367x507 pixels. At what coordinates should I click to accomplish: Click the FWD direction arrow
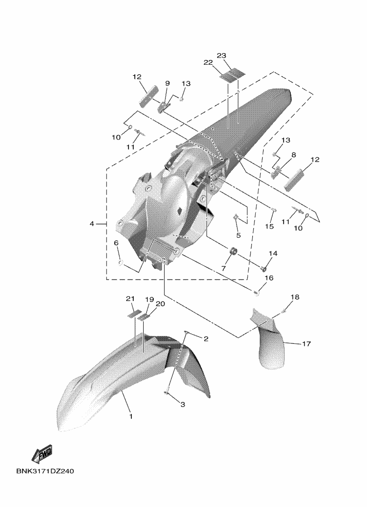[x=42, y=454]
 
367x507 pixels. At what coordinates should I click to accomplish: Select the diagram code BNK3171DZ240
[x=45, y=471]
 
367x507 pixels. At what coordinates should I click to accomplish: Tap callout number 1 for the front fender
[x=131, y=417]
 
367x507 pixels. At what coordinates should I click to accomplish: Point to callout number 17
[x=306, y=343]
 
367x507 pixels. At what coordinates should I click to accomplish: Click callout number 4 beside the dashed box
[x=92, y=224]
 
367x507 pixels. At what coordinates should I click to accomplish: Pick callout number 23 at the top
[x=230, y=56]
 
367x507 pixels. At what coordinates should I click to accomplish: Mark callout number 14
[x=273, y=253]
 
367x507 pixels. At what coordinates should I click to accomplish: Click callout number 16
[x=269, y=278]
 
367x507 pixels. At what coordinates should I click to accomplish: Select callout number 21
[x=130, y=299]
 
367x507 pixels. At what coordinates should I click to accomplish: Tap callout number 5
[x=238, y=235]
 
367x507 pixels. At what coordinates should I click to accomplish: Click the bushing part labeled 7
[x=233, y=251]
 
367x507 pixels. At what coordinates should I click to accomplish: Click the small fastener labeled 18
[x=283, y=311]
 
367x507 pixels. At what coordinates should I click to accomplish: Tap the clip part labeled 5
[x=236, y=217]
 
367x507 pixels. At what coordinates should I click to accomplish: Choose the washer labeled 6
[x=121, y=263]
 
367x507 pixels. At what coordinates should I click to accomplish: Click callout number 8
[x=293, y=155]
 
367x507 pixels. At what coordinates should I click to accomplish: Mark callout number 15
[x=269, y=227]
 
